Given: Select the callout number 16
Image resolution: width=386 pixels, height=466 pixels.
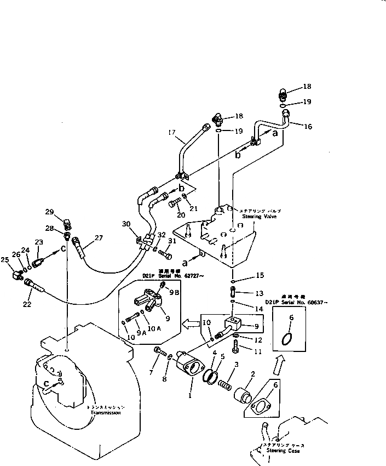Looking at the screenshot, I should tap(308, 126).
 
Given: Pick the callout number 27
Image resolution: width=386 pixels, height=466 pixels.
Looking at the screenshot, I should tap(99, 238).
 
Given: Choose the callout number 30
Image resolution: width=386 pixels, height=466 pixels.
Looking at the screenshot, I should tap(127, 224).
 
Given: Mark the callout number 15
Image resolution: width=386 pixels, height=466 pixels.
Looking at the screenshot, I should tap(260, 275).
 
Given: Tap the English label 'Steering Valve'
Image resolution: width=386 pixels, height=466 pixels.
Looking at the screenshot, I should tap(251, 217).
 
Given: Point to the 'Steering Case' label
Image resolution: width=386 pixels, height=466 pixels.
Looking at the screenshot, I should tap(284, 451).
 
